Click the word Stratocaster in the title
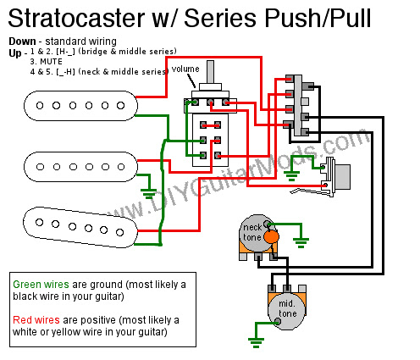point(76,18)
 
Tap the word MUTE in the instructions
point(51,62)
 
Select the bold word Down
point(22,42)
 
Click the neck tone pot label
point(252,232)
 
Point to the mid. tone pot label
point(287,308)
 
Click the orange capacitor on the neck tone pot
point(271,236)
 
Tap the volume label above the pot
point(185,69)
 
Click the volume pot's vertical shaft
point(210,72)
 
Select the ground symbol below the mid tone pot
point(256,342)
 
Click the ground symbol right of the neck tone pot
point(301,243)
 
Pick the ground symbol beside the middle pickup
point(148,194)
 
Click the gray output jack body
point(342,177)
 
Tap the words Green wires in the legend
point(41,284)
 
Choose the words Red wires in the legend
point(36,320)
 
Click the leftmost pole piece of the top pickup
point(40,106)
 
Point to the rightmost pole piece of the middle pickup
point(121,167)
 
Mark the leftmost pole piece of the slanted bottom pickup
point(39,222)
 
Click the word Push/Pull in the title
point(318,18)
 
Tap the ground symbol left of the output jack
point(291,176)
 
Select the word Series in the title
point(221,18)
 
